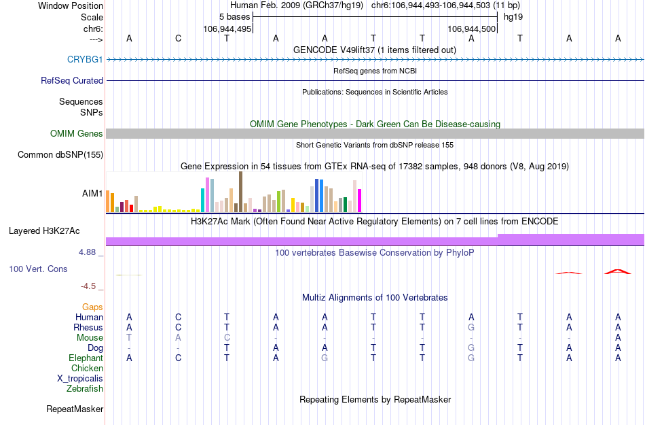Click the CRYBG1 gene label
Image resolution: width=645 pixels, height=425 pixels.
(x=85, y=59)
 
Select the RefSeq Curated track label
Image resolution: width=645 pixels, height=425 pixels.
(x=72, y=80)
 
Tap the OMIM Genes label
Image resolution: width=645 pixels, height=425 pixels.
(x=77, y=134)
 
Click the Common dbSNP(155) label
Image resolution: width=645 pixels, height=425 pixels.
(x=60, y=155)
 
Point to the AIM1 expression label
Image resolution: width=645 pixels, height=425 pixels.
(x=92, y=193)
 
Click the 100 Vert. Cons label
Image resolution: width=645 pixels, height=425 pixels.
(x=38, y=269)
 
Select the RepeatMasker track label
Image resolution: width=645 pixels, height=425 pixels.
(x=75, y=409)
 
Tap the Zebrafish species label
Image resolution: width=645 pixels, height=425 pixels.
(x=85, y=389)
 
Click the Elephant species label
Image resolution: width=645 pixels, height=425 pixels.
(x=86, y=358)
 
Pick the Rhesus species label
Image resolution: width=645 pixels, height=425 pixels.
(x=88, y=327)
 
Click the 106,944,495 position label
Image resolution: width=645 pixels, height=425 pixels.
(x=227, y=29)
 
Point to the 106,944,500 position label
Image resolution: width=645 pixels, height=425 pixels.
(x=472, y=29)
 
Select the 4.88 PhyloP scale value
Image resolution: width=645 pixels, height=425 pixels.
(x=91, y=252)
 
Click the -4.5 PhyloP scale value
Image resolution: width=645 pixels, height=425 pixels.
(x=92, y=286)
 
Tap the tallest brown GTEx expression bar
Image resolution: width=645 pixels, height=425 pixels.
(x=240, y=192)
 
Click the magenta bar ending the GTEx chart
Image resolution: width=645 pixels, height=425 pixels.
(x=360, y=201)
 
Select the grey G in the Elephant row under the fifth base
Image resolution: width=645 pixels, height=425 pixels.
(x=325, y=358)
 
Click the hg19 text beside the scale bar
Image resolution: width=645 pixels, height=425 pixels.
(x=513, y=16)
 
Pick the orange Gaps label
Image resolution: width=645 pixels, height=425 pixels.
(x=92, y=307)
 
